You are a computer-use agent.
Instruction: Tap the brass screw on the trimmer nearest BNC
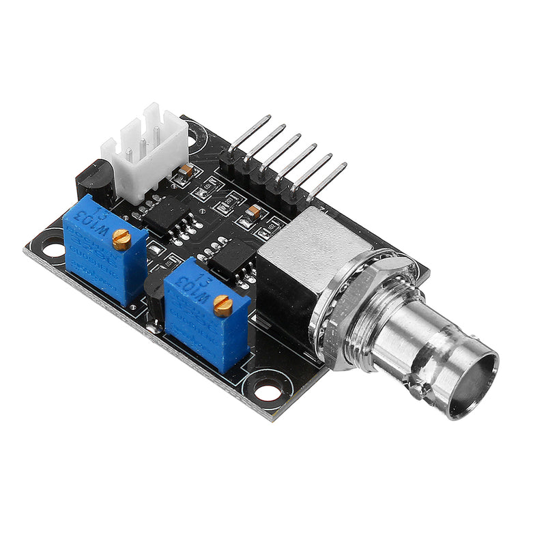point(222,307)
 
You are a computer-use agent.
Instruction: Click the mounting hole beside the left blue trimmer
point(53,242)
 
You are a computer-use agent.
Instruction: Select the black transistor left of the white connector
point(90,179)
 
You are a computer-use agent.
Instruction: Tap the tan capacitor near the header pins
point(253,212)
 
